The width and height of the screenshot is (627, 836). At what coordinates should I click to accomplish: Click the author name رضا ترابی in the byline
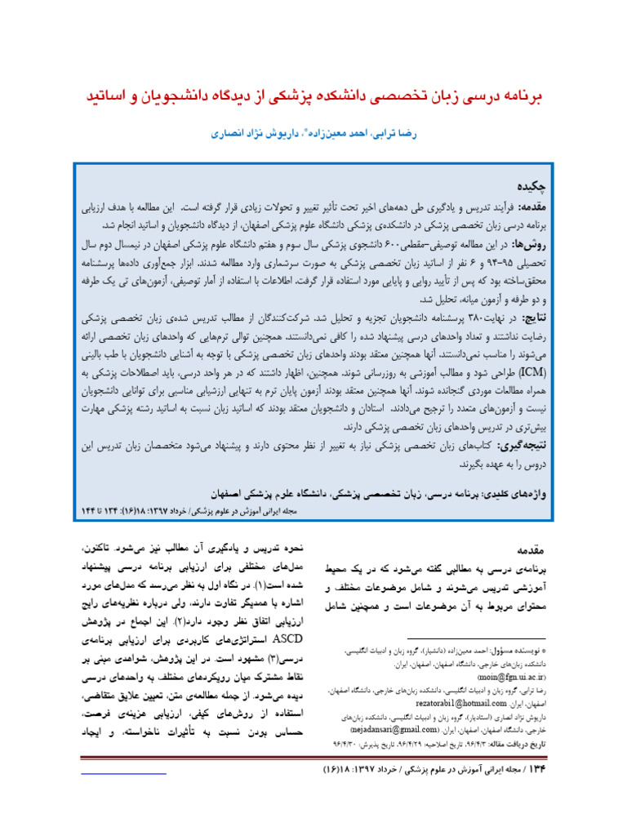(400, 133)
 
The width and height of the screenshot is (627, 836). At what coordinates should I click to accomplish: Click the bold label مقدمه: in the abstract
(528, 207)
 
